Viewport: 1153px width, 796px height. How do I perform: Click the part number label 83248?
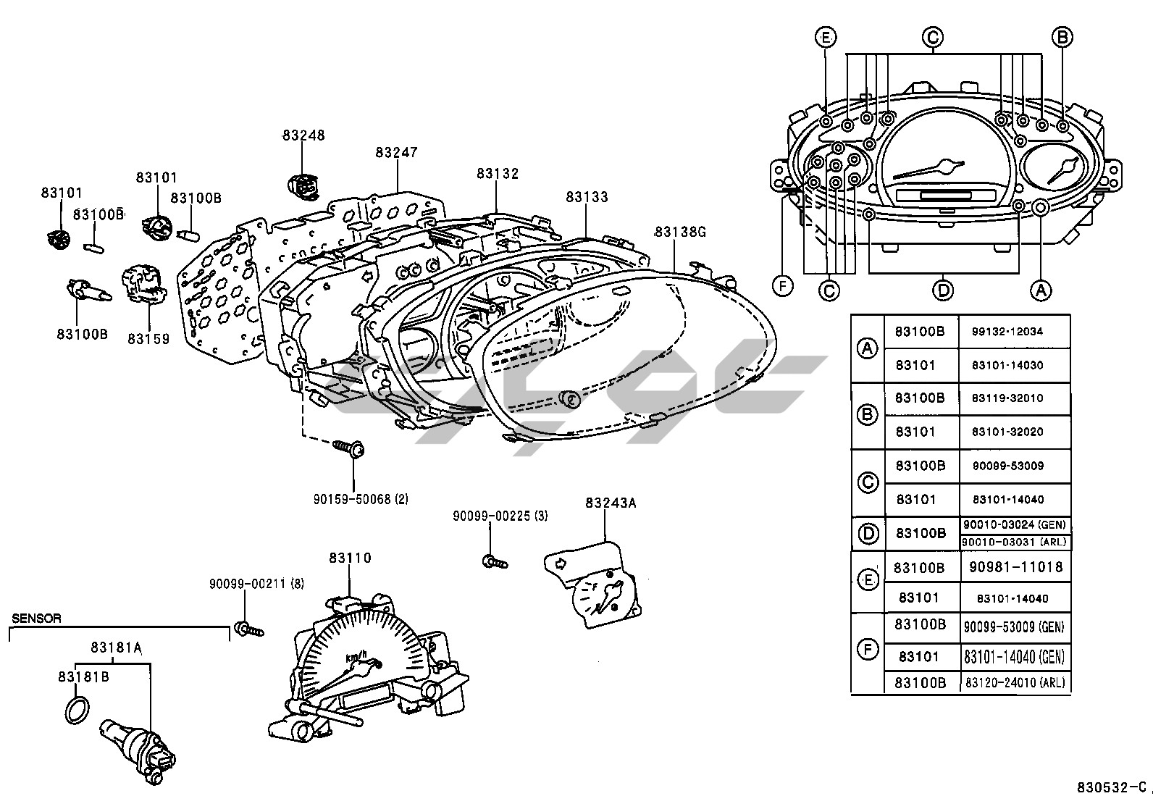pos(303,135)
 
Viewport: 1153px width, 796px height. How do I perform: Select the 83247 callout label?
pos(396,152)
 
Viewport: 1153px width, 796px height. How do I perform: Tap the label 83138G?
pos(681,232)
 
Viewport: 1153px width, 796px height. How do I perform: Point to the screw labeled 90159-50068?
pos(349,448)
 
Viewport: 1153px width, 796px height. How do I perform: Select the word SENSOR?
pos(36,619)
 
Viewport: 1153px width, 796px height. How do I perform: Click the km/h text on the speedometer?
pos(356,656)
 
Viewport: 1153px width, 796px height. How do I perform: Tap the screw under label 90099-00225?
pos(495,562)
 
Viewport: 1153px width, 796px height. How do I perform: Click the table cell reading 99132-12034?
pos(1007,332)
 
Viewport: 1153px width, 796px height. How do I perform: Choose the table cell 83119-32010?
pos(1007,398)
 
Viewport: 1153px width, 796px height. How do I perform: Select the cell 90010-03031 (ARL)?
pos(1015,542)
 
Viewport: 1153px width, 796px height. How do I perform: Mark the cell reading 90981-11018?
pos(1015,567)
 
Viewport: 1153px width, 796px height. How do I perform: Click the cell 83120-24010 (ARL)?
pos(1015,683)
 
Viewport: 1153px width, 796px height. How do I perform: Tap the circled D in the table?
pos(868,534)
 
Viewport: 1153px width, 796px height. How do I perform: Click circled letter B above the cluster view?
pos(1062,37)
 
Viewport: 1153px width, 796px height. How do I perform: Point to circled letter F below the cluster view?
pos(783,286)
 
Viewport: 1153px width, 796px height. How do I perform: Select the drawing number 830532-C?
pos(1112,787)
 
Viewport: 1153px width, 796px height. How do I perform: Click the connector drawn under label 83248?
pos(303,186)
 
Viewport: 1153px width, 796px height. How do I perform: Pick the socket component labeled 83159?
pos(144,283)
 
